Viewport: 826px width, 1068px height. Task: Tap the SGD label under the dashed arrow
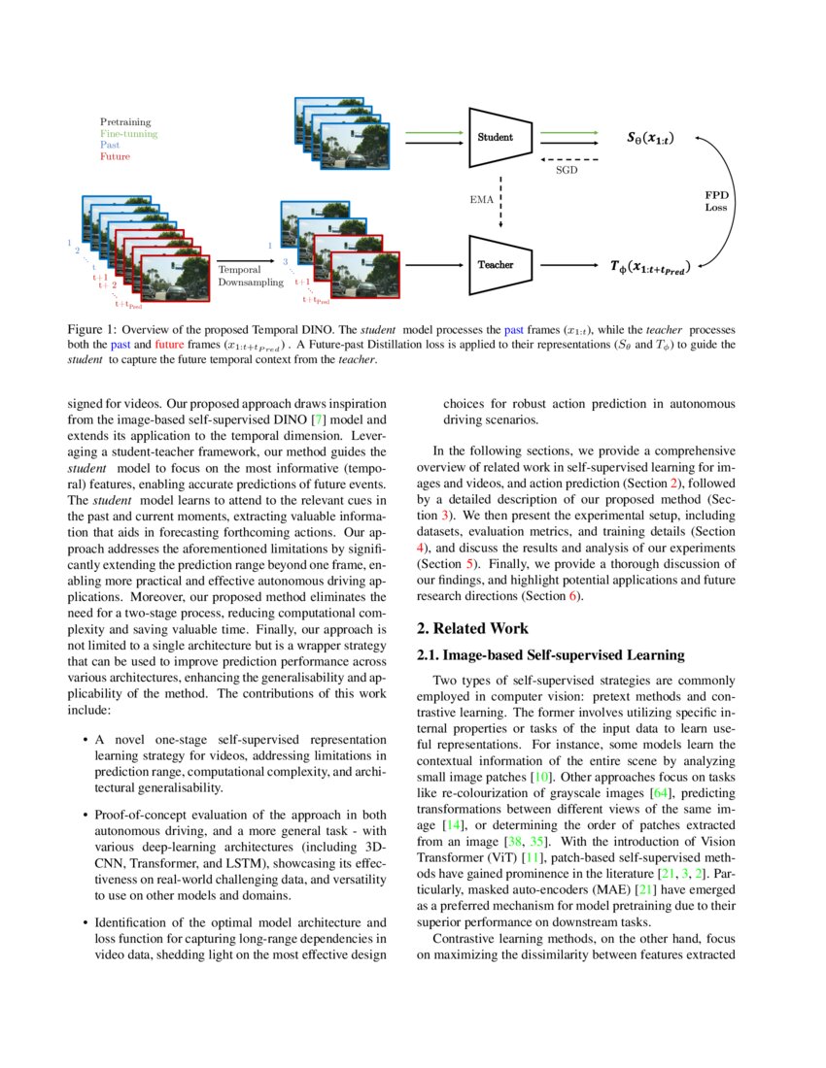567,169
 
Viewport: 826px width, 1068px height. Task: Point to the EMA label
482,200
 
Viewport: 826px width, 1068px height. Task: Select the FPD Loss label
716,201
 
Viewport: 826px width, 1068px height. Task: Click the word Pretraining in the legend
125,122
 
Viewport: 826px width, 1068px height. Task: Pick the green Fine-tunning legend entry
128,134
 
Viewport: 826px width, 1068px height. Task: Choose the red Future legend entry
115,156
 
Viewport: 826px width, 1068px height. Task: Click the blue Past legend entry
110,145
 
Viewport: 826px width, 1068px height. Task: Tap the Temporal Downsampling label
251,275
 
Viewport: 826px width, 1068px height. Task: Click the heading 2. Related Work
473,629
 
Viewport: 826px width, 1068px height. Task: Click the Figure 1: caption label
91,330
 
